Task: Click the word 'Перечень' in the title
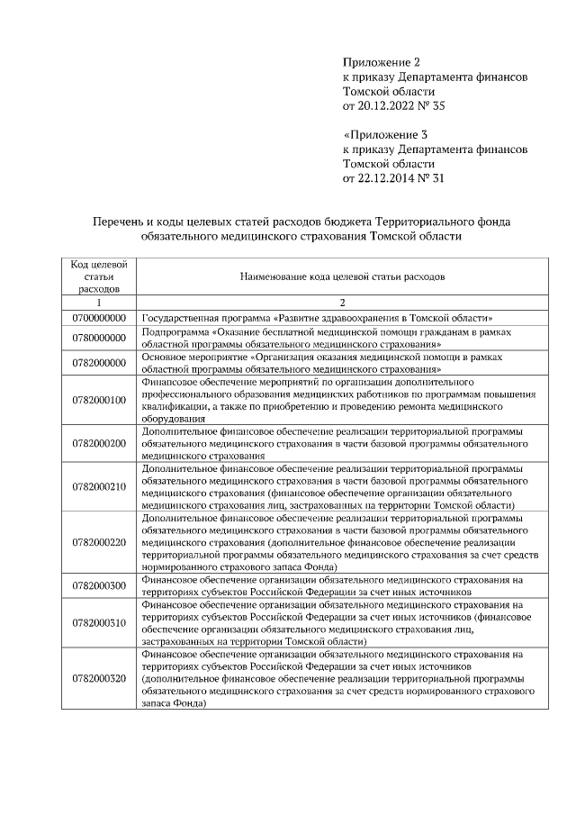[120, 221]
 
